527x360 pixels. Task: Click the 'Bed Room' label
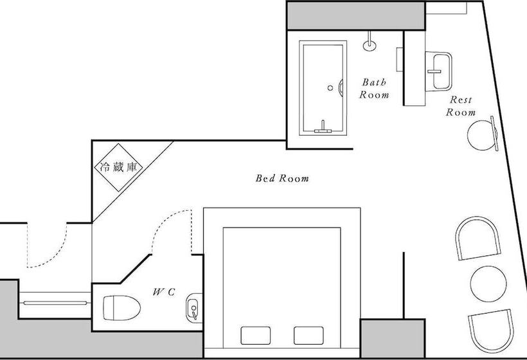click(x=282, y=178)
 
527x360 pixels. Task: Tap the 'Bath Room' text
click(x=374, y=89)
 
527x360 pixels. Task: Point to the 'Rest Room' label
click(x=461, y=106)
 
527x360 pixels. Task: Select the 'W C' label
click(x=164, y=292)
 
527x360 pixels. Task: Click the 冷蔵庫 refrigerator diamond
click(x=118, y=167)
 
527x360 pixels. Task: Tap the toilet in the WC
click(x=121, y=307)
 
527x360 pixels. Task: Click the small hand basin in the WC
click(x=194, y=308)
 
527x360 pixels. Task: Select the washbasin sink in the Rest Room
click(x=438, y=71)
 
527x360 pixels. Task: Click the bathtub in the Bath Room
click(x=323, y=88)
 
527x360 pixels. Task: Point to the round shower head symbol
click(x=370, y=46)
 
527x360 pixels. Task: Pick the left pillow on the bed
click(x=256, y=336)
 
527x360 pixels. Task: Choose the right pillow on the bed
click(x=308, y=336)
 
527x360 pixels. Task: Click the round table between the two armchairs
click(x=488, y=284)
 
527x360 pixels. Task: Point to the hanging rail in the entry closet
click(x=55, y=303)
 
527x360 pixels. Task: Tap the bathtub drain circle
click(x=330, y=88)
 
